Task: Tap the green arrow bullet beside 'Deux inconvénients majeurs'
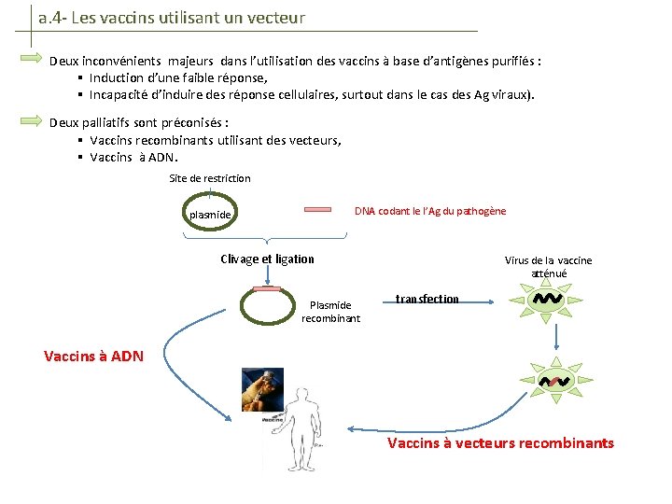(33, 60)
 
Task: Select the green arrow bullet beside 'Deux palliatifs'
(33, 120)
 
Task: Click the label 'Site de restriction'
(210, 178)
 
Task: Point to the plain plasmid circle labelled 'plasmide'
(211, 215)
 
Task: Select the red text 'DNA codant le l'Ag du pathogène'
(430, 211)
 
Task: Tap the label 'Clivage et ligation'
(267, 259)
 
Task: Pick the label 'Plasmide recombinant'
(330, 312)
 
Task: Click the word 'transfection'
(427, 299)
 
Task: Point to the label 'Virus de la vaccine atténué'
(548, 267)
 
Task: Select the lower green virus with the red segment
(554, 381)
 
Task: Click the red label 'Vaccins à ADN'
(93, 356)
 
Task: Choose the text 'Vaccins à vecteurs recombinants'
(500, 442)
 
